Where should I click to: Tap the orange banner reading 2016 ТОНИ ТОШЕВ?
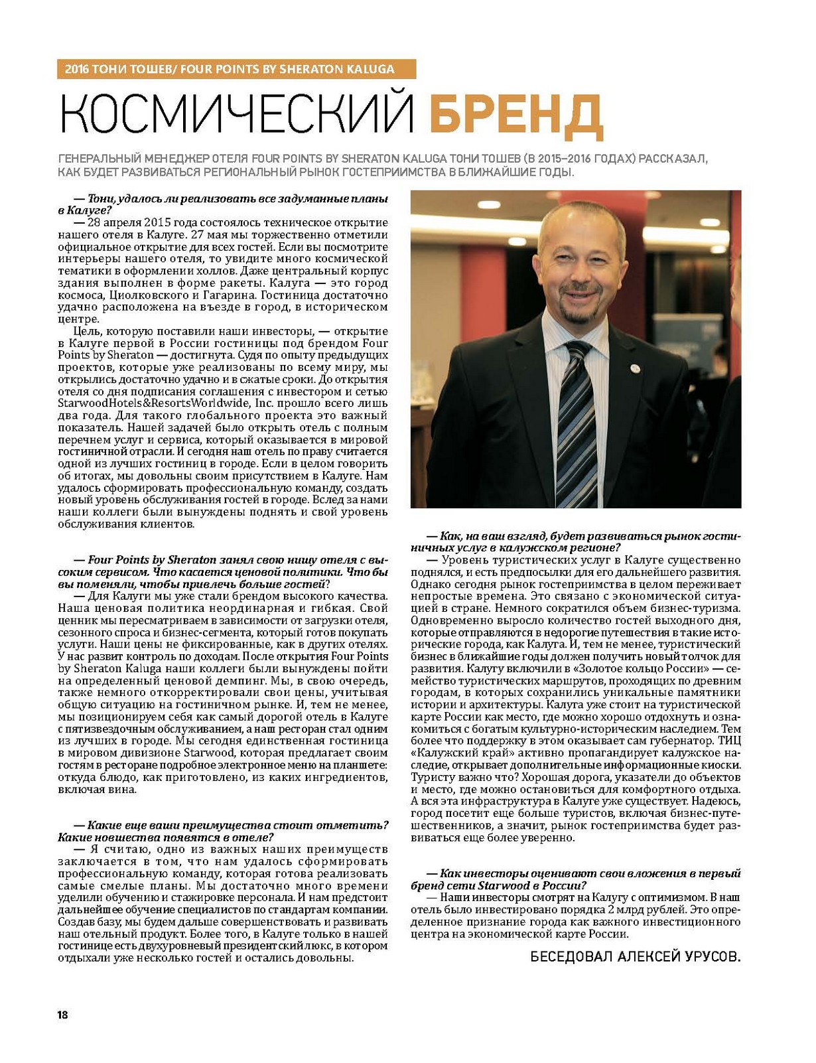(x=236, y=69)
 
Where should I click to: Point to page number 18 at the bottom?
(x=62, y=1015)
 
